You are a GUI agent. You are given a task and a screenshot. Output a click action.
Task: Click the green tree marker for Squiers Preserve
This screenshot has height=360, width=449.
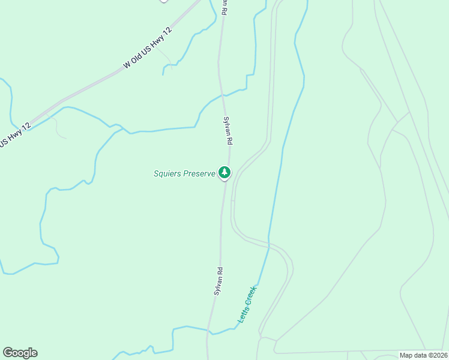(224, 173)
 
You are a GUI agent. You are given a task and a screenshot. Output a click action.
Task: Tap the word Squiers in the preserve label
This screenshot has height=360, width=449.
(167, 174)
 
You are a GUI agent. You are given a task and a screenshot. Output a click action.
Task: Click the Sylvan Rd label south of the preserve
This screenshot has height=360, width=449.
(218, 281)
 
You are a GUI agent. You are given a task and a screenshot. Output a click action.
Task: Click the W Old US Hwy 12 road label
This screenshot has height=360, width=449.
(148, 48)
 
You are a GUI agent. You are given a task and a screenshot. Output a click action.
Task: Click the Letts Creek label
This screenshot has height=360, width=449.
(247, 305)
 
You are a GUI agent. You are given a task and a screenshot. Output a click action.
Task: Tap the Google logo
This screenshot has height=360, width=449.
(20, 353)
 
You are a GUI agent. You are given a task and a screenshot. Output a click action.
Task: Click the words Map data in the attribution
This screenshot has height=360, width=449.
(413, 355)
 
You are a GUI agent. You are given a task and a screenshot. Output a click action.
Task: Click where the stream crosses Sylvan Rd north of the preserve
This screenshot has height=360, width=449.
(223, 95)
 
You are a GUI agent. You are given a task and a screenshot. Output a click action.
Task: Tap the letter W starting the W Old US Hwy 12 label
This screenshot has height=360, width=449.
(127, 64)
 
